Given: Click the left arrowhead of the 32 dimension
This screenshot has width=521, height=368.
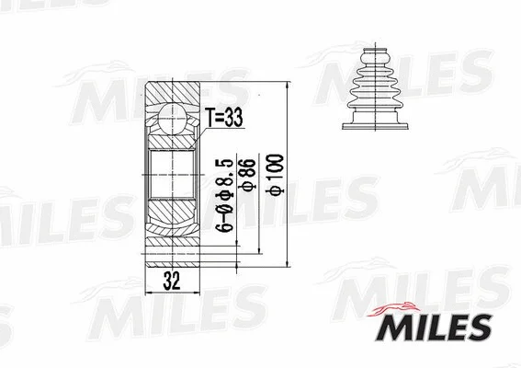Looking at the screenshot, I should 148,294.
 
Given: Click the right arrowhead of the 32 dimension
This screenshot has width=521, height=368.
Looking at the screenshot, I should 193,294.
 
